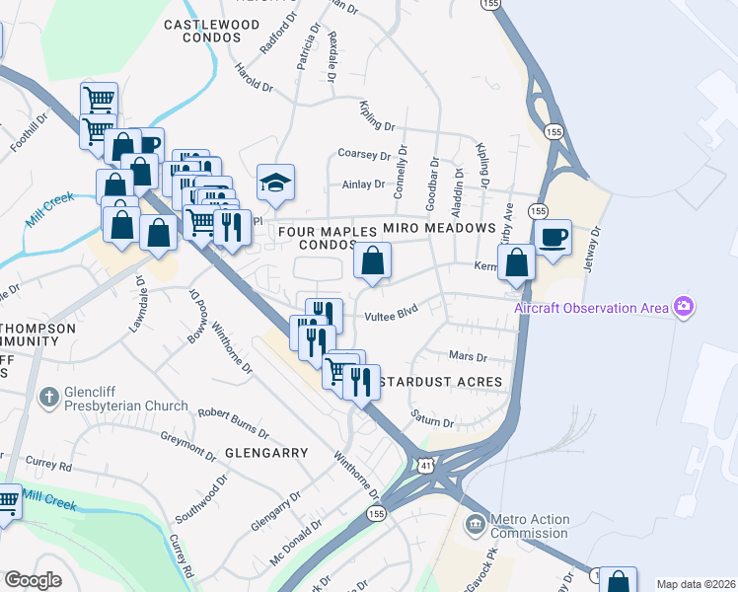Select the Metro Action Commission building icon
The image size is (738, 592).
click(476, 520)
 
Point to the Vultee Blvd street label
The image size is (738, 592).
click(392, 316)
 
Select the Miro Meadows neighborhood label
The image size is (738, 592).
click(438, 228)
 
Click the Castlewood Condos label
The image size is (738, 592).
click(202, 30)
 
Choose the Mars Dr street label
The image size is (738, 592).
click(469, 356)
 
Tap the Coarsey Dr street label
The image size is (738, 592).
click(365, 154)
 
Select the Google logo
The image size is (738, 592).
click(34, 580)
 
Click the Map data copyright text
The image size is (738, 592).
click(696, 584)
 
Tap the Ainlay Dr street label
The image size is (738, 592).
click(363, 185)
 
